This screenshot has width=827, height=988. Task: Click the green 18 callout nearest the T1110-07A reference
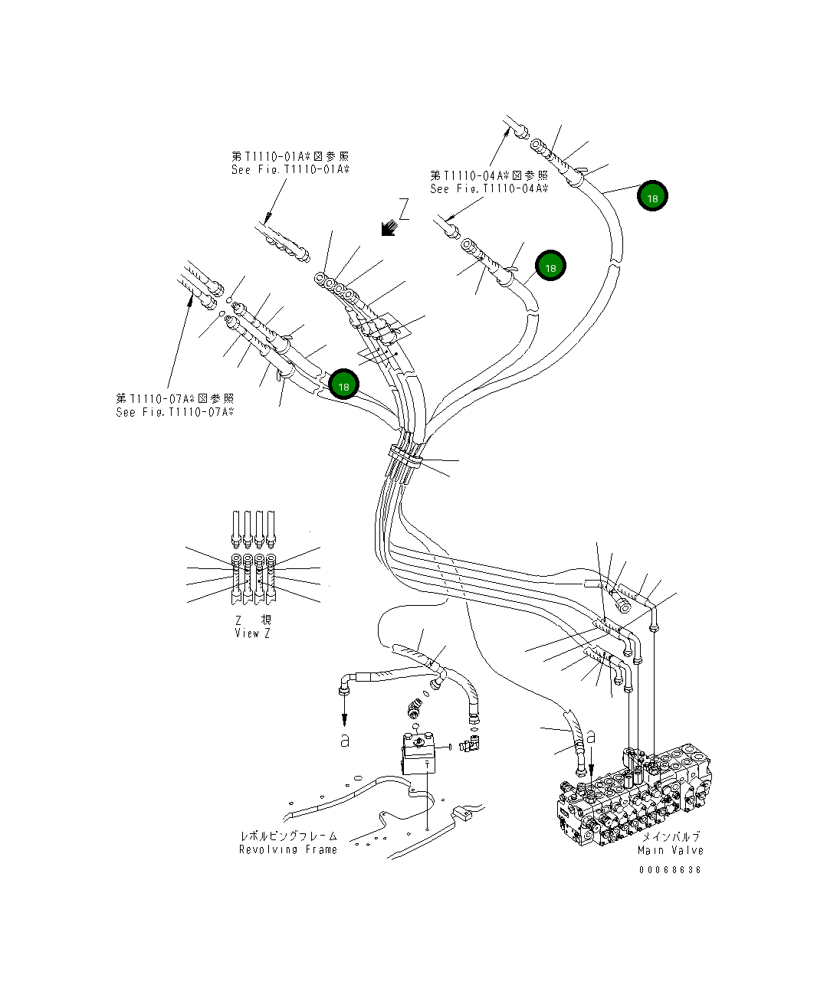[x=343, y=386]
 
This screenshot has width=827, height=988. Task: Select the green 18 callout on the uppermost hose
[x=652, y=197]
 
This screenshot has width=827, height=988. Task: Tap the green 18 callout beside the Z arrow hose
[x=550, y=267]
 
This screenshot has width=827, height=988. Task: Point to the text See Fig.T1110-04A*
[x=489, y=188]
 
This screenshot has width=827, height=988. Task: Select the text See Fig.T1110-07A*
[x=175, y=412]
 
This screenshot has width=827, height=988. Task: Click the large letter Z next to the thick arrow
[x=404, y=209]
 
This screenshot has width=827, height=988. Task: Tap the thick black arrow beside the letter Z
[x=389, y=227]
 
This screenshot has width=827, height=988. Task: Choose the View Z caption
[x=252, y=633]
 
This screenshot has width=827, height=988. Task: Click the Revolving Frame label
[x=288, y=849]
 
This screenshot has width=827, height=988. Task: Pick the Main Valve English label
[x=671, y=850]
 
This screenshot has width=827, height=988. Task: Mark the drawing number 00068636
[x=670, y=870]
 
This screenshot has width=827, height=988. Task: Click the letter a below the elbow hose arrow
[x=345, y=741]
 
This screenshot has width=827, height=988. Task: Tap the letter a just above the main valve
[x=590, y=738]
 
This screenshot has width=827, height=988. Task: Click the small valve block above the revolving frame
[x=419, y=754]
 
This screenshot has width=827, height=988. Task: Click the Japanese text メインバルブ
[x=671, y=837]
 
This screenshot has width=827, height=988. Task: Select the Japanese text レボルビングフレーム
[x=288, y=836]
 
